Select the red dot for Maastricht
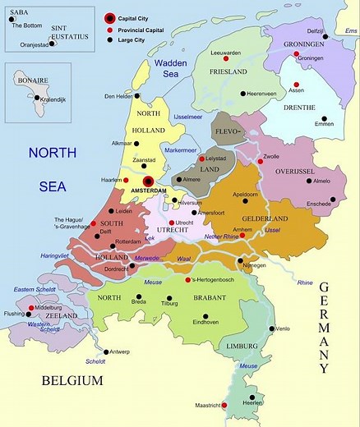[224, 405]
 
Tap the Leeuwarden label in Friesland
[225, 53]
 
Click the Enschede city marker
[332, 198]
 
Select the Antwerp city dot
[106, 351]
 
